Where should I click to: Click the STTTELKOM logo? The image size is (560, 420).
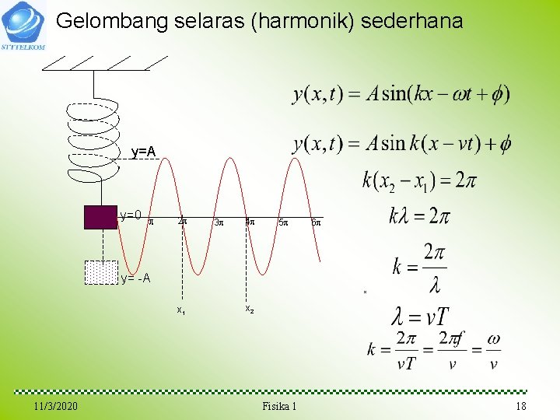coord(24,25)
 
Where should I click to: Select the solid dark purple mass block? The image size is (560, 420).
coord(100,217)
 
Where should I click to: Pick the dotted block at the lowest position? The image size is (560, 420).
coord(100,271)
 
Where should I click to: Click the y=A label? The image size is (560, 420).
coord(143,152)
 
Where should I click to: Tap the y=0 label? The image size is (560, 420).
coord(130,215)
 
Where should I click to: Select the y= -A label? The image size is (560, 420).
coord(135,278)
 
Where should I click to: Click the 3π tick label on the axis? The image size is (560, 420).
coord(219,223)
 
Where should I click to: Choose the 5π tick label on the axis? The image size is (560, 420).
coord(283,223)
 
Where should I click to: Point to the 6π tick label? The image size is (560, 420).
coord(315,223)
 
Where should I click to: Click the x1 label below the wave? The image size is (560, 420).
coord(180,310)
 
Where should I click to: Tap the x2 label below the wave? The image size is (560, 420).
coord(249,309)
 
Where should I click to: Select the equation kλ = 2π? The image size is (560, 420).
coord(419,215)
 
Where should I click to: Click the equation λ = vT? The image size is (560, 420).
coord(421,317)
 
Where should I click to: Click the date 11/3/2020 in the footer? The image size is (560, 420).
coord(56,407)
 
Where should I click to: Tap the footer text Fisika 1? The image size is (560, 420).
coord(279,407)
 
